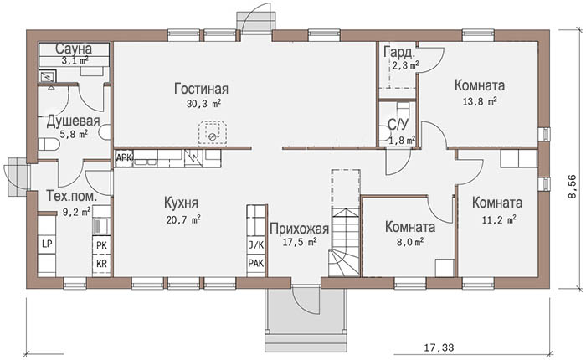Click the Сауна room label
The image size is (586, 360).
74,49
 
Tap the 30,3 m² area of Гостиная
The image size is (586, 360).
203,104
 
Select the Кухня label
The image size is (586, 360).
182,203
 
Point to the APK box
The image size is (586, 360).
124,157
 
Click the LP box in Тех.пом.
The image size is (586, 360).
47,244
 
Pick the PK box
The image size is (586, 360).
101,245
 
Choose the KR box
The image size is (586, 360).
101,264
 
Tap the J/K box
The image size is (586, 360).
256,245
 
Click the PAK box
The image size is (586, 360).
256,263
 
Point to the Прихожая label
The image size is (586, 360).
299,229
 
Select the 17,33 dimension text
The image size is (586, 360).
439,347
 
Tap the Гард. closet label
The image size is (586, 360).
399,53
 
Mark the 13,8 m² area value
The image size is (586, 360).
480,101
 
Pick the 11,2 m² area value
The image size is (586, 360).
499,219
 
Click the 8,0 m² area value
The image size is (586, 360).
409,242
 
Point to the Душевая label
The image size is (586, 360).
74,121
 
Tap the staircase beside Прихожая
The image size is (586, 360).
345,223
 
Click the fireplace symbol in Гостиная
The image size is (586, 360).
213,133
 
